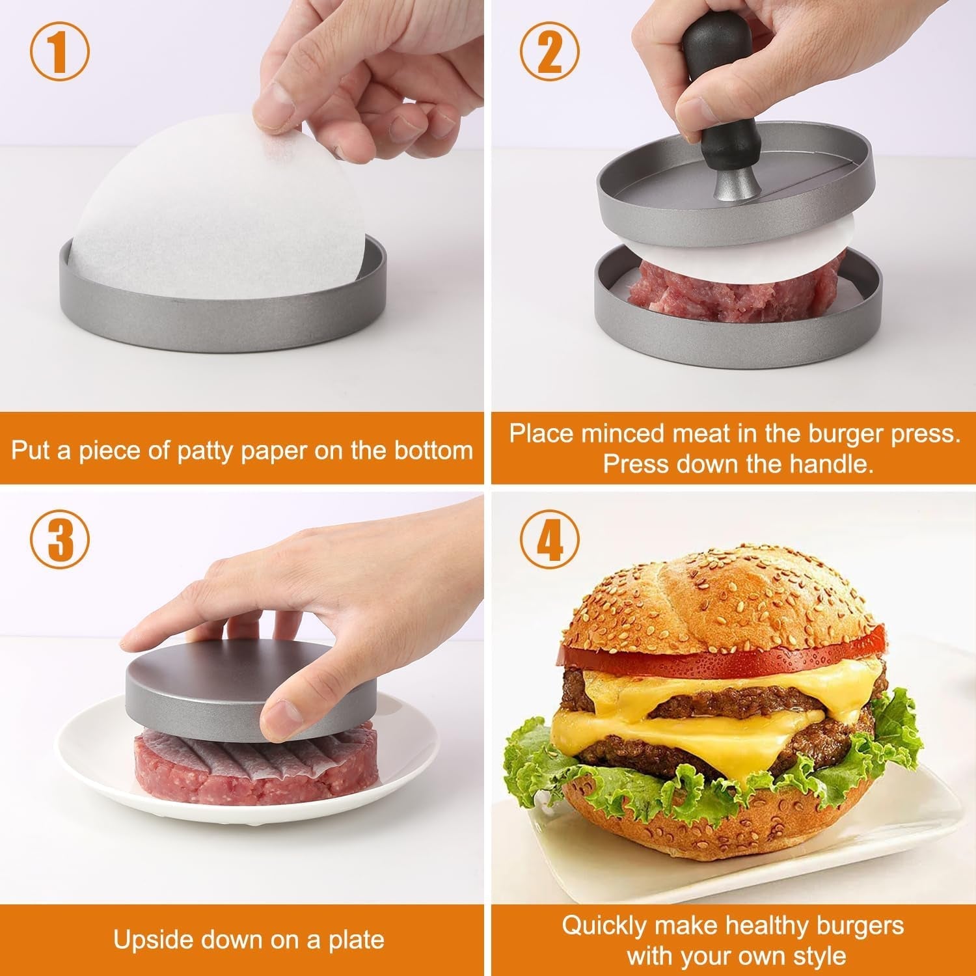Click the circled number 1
pyautogui.click(x=59, y=54)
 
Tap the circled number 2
pyautogui.click(x=550, y=54)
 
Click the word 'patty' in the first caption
pyautogui.click(x=206, y=450)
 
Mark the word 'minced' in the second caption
pyautogui.click(x=624, y=433)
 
